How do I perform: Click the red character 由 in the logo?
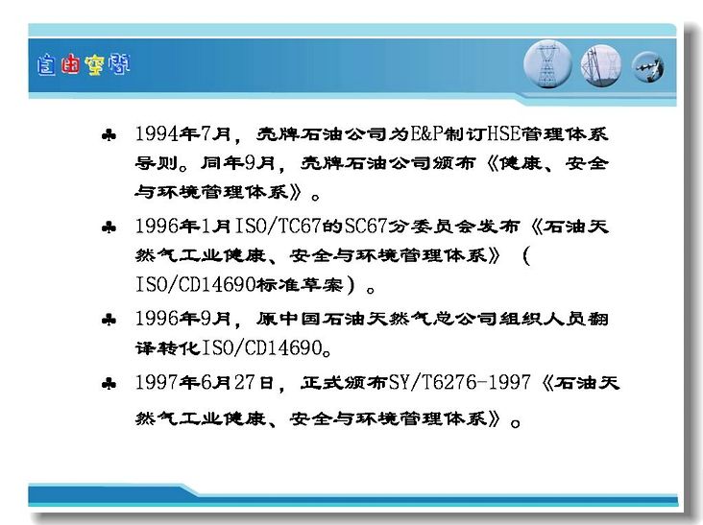70,64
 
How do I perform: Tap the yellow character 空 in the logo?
94,64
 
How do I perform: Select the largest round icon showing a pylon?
547,64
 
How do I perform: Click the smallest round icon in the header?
647,67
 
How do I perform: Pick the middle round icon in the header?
601,65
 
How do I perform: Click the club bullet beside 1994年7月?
109,134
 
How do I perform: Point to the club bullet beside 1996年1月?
109,227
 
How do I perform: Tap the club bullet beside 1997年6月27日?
109,384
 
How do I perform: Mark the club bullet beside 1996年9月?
109,320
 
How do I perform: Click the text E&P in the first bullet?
426,133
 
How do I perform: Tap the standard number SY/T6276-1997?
460,383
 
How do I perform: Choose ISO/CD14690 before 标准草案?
196,284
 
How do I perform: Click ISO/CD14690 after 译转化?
262,348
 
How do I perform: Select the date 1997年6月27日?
205,383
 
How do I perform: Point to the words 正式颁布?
344,383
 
